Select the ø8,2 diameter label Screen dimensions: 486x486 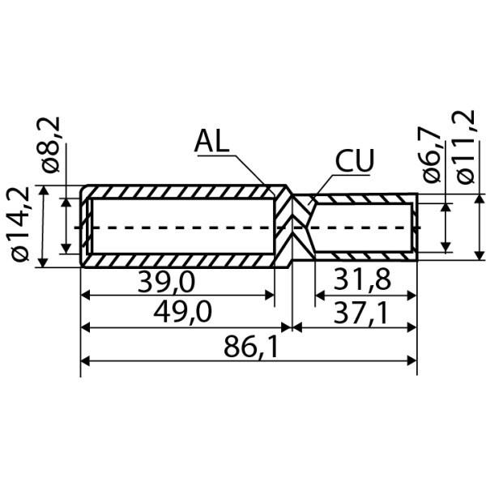(50, 144)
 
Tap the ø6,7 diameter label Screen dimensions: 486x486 (431, 156)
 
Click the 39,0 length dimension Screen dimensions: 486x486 (167, 283)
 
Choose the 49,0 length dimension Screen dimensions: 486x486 (183, 312)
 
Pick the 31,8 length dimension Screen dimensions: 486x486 (362, 279)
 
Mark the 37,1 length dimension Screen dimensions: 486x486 (360, 313)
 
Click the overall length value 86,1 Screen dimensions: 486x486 (250, 347)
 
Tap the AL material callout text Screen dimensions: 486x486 (212, 141)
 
